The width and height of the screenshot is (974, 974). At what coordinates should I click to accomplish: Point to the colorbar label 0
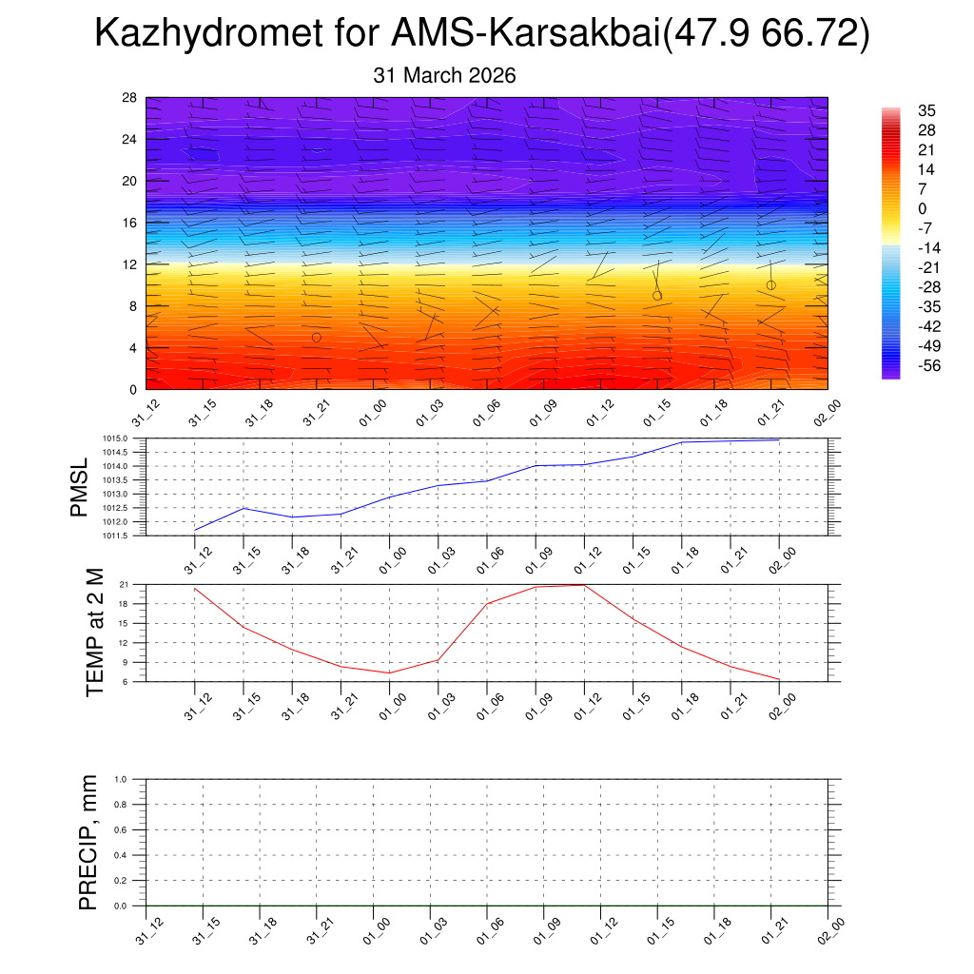click(922, 208)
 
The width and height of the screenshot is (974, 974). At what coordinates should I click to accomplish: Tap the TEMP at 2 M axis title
click(94, 633)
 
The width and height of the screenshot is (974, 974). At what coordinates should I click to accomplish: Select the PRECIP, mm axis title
click(88, 843)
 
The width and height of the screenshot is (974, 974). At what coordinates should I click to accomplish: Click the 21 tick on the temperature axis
click(124, 584)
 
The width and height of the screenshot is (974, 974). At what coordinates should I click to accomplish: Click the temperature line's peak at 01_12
click(583, 585)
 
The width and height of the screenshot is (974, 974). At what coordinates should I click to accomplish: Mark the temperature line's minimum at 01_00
click(388, 673)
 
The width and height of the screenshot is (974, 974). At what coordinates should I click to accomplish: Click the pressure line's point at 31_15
click(243, 508)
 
